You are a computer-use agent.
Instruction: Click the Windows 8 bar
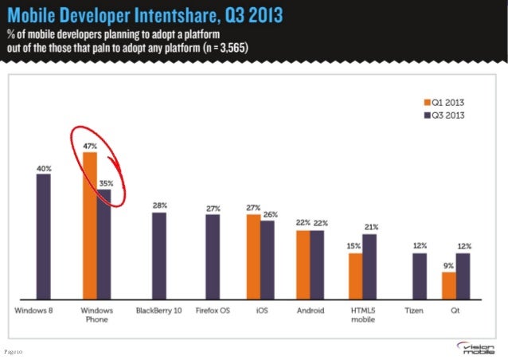(x=43, y=235)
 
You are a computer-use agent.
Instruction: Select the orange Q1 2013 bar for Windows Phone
(x=89, y=224)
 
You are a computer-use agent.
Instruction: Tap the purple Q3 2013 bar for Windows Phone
(x=104, y=243)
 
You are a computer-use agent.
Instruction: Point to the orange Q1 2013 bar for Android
(x=303, y=264)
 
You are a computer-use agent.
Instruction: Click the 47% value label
(x=89, y=146)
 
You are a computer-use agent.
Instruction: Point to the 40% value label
(x=43, y=168)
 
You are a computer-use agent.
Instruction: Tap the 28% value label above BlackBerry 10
(x=160, y=205)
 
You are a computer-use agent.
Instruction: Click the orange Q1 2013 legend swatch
(x=426, y=102)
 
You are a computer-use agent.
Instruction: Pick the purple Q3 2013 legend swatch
(x=426, y=114)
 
